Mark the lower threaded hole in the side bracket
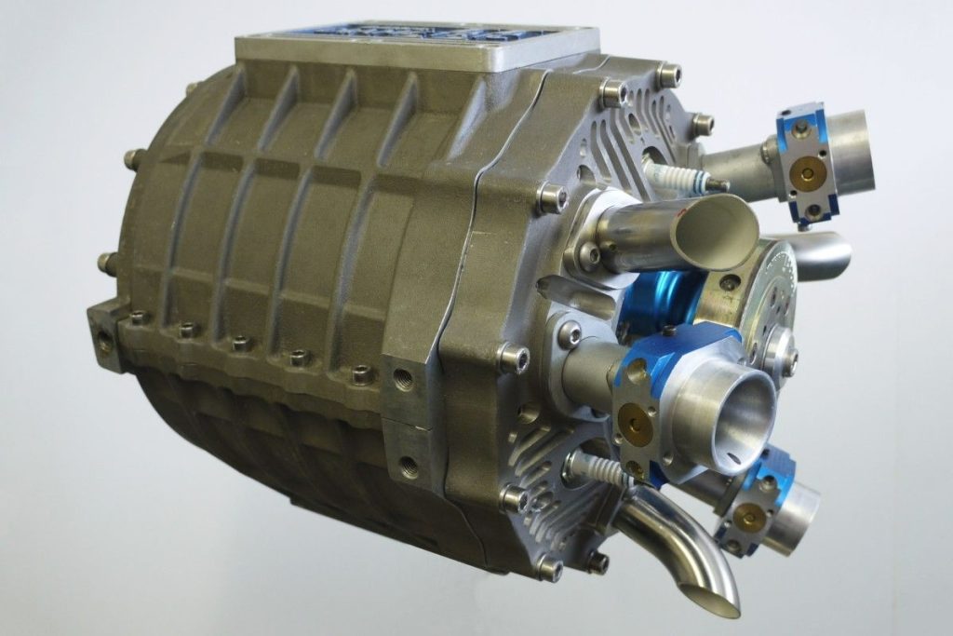407,463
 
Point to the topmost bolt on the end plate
668,74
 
